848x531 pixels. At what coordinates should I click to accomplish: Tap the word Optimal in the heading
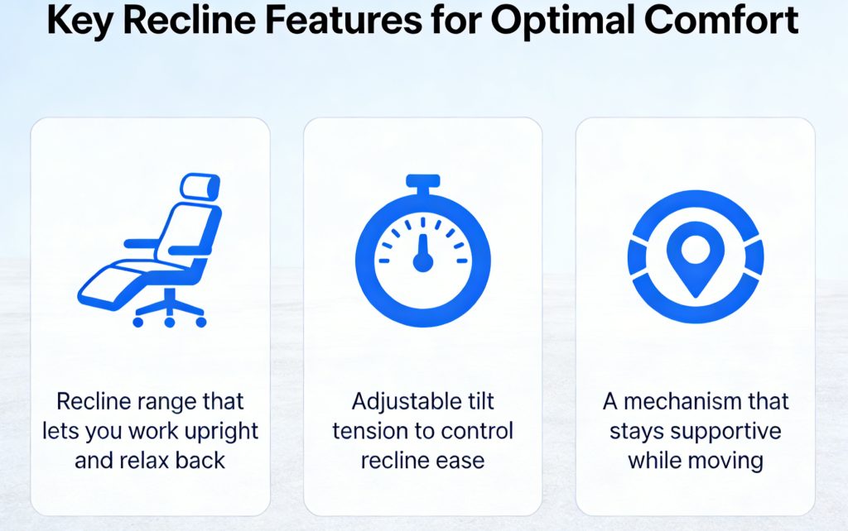584,22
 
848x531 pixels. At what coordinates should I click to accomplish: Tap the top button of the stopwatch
422,180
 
